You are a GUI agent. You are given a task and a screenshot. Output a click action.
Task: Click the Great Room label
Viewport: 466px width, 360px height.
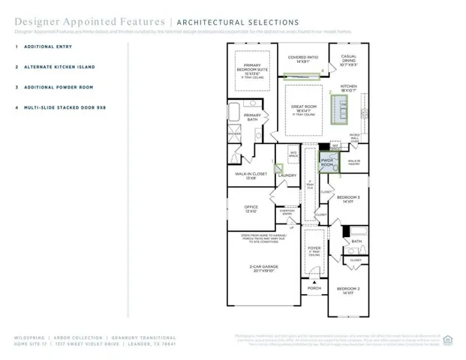[x=305, y=109]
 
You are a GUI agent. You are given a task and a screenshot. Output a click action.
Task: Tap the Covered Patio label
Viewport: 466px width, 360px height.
[x=304, y=58]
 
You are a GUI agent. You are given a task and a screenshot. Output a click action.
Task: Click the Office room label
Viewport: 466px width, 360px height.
[x=251, y=209]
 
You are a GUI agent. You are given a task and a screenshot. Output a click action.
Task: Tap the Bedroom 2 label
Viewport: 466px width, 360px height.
[x=347, y=290]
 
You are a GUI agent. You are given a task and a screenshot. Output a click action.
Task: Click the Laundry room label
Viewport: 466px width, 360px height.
[x=287, y=175]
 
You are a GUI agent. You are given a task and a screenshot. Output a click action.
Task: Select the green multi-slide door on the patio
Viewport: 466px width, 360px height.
[x=302, y=73]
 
